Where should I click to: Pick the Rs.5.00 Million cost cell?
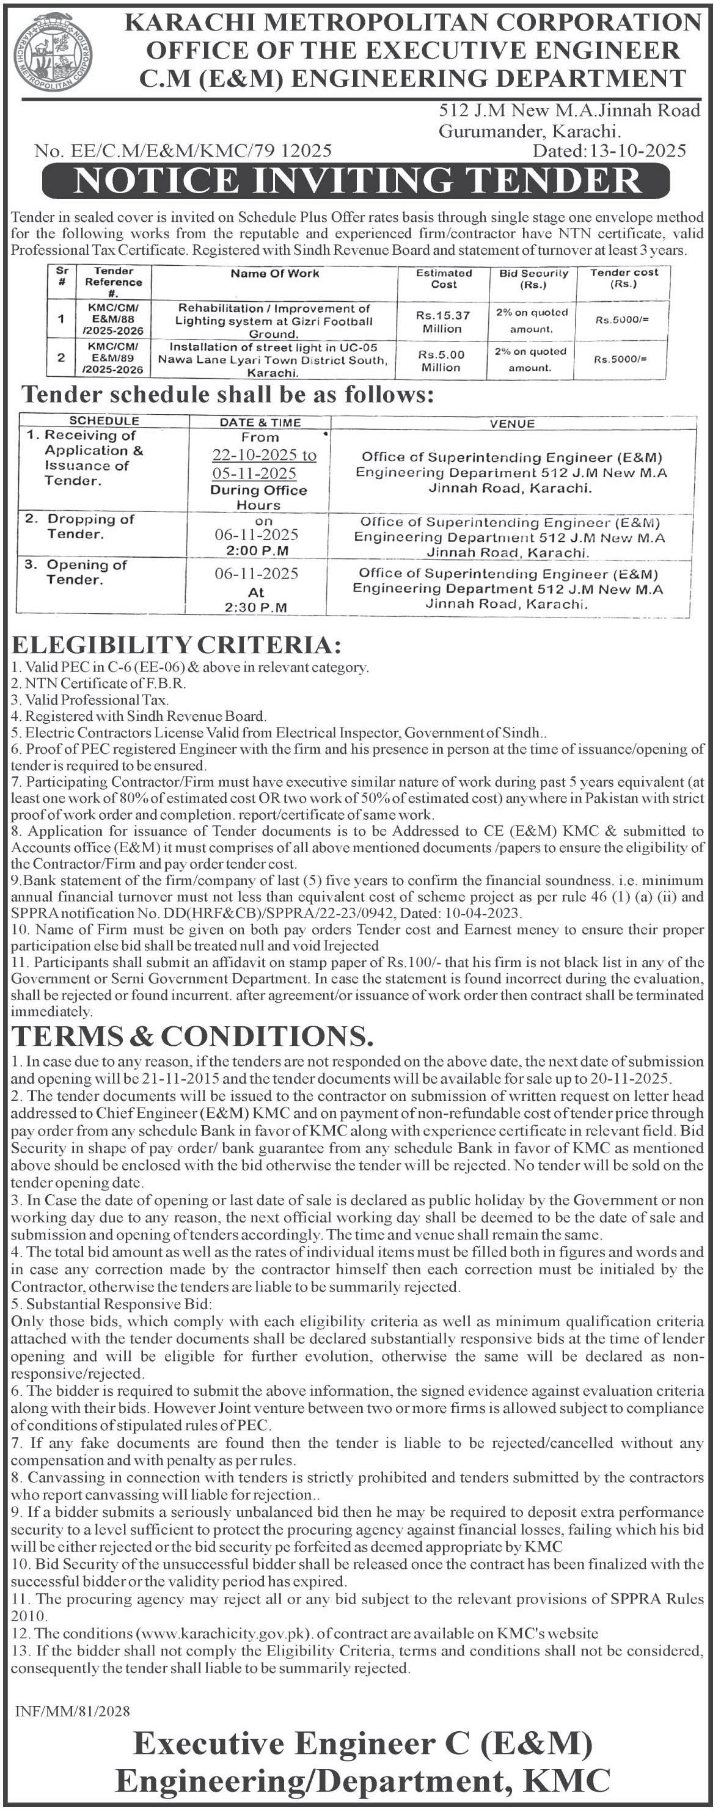441,360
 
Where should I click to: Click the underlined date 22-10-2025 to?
264,454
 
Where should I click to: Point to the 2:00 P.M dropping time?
257,551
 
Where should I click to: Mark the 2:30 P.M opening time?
256,607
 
